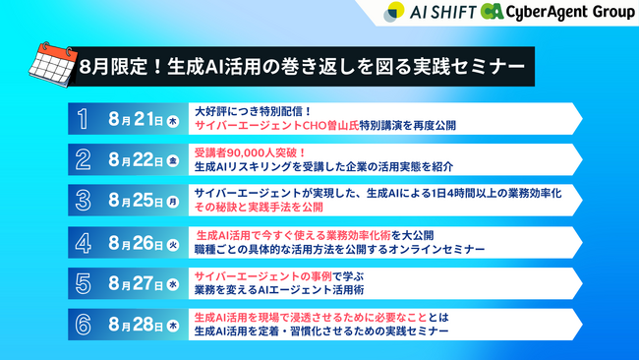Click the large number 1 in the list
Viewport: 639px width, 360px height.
84,120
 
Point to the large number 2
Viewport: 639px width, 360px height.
84,159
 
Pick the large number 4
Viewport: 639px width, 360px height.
84,242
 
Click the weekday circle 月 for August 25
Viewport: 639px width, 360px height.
173,201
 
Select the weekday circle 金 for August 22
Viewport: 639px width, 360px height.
173,161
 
